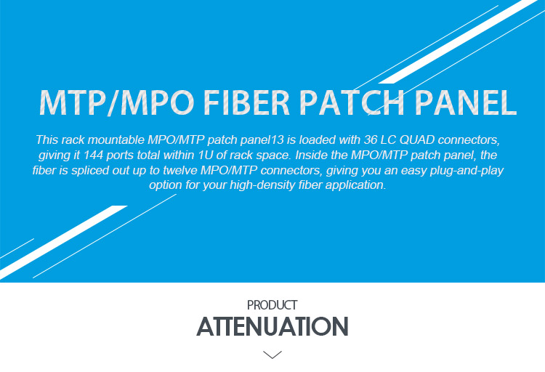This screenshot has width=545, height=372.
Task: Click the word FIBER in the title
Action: click(x=246, y=102)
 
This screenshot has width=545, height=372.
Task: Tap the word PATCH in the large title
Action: click(x=352, y=102)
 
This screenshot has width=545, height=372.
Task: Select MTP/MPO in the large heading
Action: click(x=117, y=102)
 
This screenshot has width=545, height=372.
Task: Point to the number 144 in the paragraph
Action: click(x=93, y=155)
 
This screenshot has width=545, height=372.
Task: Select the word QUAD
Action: click(x=417, y=139)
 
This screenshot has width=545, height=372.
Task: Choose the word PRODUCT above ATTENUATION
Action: click(x=272, y=305)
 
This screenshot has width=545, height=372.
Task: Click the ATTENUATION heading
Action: click(x=272, y=326)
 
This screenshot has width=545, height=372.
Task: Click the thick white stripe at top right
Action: click(x=458, y=41)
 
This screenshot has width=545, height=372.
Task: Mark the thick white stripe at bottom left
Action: click(x=63, y=242)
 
